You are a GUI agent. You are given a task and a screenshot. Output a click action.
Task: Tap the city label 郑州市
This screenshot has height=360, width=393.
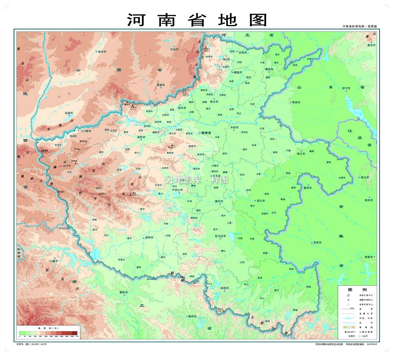pos(207,133)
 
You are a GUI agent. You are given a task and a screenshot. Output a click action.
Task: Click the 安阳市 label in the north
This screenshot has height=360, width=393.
pos(242,52)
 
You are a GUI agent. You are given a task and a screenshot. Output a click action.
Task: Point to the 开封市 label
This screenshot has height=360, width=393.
pos(234,127)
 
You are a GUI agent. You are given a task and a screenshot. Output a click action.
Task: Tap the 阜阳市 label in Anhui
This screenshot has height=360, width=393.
pos(317,243)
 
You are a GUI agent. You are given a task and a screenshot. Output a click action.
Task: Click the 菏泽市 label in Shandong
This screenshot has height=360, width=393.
pos(296,102)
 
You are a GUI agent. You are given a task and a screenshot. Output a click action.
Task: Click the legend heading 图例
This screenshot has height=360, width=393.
pos(357,290)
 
